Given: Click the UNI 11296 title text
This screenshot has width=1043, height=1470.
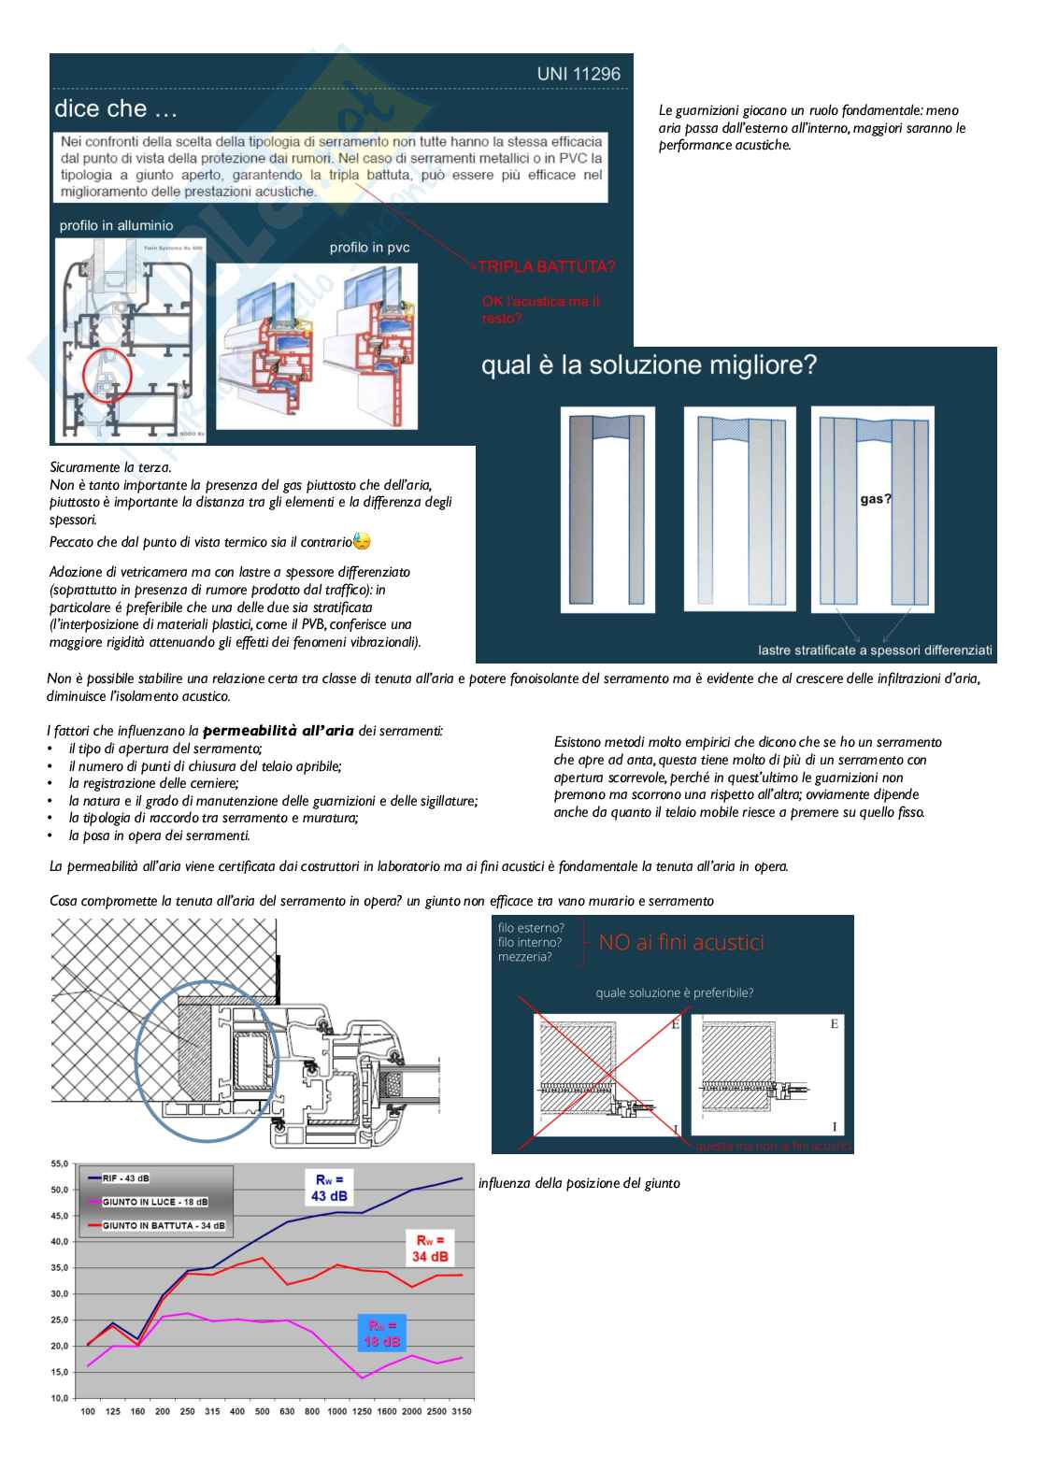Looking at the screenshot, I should tap(579, 74).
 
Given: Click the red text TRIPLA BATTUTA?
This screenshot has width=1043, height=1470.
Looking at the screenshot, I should tap(547, 266).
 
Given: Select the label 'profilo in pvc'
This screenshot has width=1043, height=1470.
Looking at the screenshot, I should tap(369, 248).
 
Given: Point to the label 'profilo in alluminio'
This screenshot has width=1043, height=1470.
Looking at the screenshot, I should tap(116, 225).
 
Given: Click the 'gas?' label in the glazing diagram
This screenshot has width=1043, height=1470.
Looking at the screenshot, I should tap(876, 499).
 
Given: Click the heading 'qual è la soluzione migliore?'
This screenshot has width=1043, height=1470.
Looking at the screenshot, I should tap(649, 364).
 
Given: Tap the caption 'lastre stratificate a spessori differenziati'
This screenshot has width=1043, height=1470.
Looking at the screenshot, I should tap(875, 649).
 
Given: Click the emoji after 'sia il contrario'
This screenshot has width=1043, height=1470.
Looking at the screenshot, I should tap(362, 541).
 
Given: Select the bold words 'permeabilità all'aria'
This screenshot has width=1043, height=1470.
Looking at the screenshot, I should tap(278, 730).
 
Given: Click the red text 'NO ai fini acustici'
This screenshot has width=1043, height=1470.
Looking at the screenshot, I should tap(680, 942).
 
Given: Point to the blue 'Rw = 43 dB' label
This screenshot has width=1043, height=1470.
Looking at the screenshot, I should tap(330, 1188).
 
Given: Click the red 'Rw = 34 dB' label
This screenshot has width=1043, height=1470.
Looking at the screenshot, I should tap(430, 1249).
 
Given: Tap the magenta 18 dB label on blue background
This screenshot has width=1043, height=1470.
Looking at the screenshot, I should tap(381, 1334).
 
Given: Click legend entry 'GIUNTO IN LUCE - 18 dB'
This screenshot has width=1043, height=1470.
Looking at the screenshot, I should tap(154, 1202).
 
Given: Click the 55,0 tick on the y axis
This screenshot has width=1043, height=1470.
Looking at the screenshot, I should tap(60, 1164).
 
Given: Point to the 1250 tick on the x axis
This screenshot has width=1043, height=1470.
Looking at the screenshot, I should tap(362, 1411).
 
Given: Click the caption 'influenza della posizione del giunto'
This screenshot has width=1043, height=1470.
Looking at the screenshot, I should tap(579, 1183).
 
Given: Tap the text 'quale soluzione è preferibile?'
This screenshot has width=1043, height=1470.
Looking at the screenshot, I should tap(674, 992).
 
